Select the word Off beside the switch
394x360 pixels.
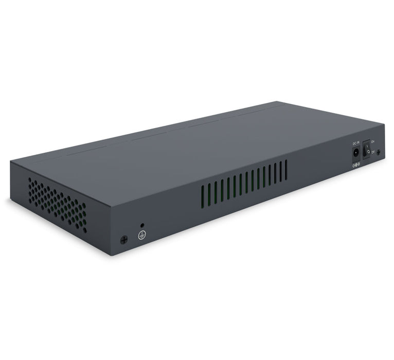tap(373, 152)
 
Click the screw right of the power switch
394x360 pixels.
tap(379, 152)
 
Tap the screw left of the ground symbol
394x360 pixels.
tap(123, 240)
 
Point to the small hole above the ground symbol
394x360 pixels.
tap(142, 225)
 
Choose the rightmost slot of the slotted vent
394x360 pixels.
tap(286, 169)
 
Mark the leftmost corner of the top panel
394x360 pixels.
tap(10, 161)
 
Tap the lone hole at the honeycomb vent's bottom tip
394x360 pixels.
tap(85, 231)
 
